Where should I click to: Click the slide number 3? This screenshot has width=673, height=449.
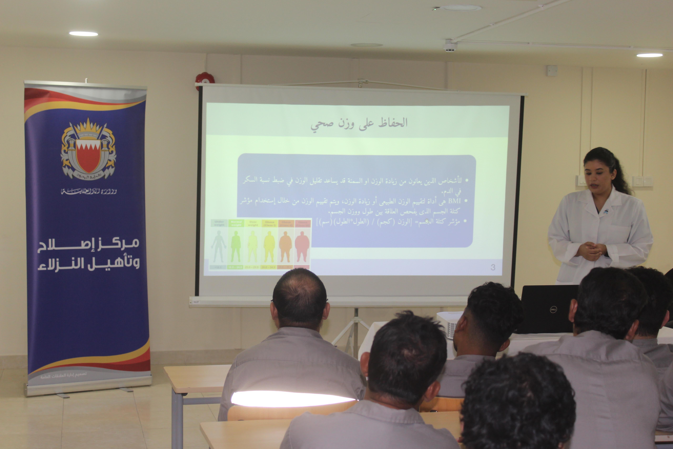(x=493, y=267)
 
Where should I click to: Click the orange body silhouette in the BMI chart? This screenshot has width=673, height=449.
(x=285, y=247)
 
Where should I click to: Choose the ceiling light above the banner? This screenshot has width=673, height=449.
(x=84, y=34)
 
